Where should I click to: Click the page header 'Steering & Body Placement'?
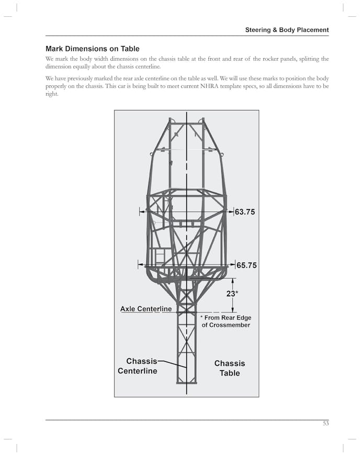[x=287, y=30]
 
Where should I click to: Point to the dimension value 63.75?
[x=244, y=212]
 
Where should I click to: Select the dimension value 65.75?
[x=246, y=265]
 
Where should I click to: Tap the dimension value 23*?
[x=232, y=294]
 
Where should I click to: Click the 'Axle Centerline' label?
[x=146, y=309]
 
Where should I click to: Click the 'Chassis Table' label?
[x=229, y=368]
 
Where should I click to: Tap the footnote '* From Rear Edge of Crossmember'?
[x=226, y=321]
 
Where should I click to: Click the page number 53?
[x=325, y=424]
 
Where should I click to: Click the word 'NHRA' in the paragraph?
[x=237, y=86]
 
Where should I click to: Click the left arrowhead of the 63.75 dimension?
[x=141, y=212]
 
